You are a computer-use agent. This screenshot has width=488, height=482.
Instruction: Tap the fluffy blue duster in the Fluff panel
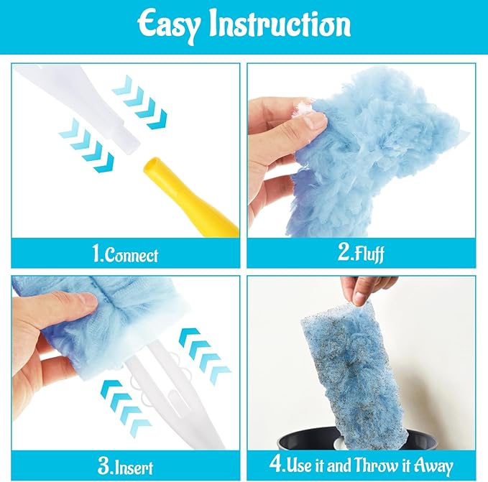coord(374,151)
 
